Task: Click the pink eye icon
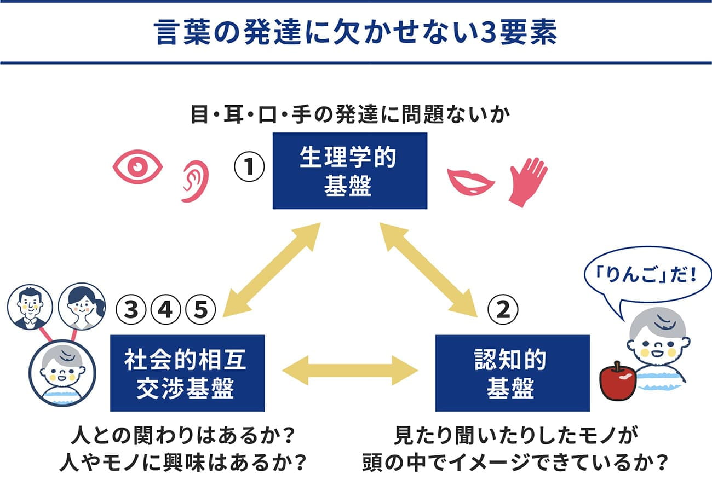137,166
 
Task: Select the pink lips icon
470,181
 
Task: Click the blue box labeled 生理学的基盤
349,171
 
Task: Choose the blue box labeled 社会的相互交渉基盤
187,373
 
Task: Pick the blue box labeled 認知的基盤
512,373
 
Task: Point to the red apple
617,381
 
